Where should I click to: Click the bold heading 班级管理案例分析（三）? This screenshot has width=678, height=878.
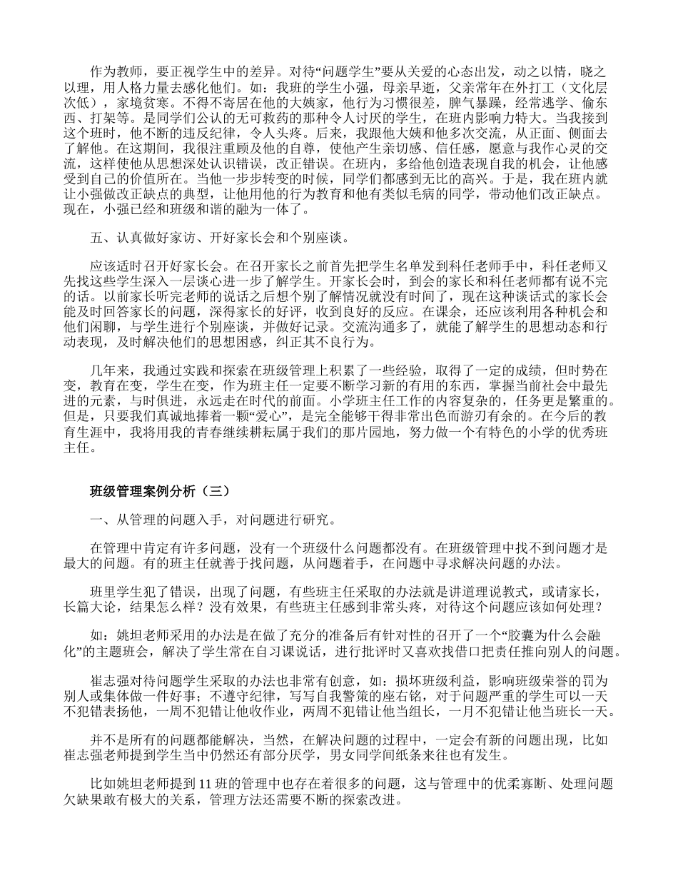click(x=160, y=492)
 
